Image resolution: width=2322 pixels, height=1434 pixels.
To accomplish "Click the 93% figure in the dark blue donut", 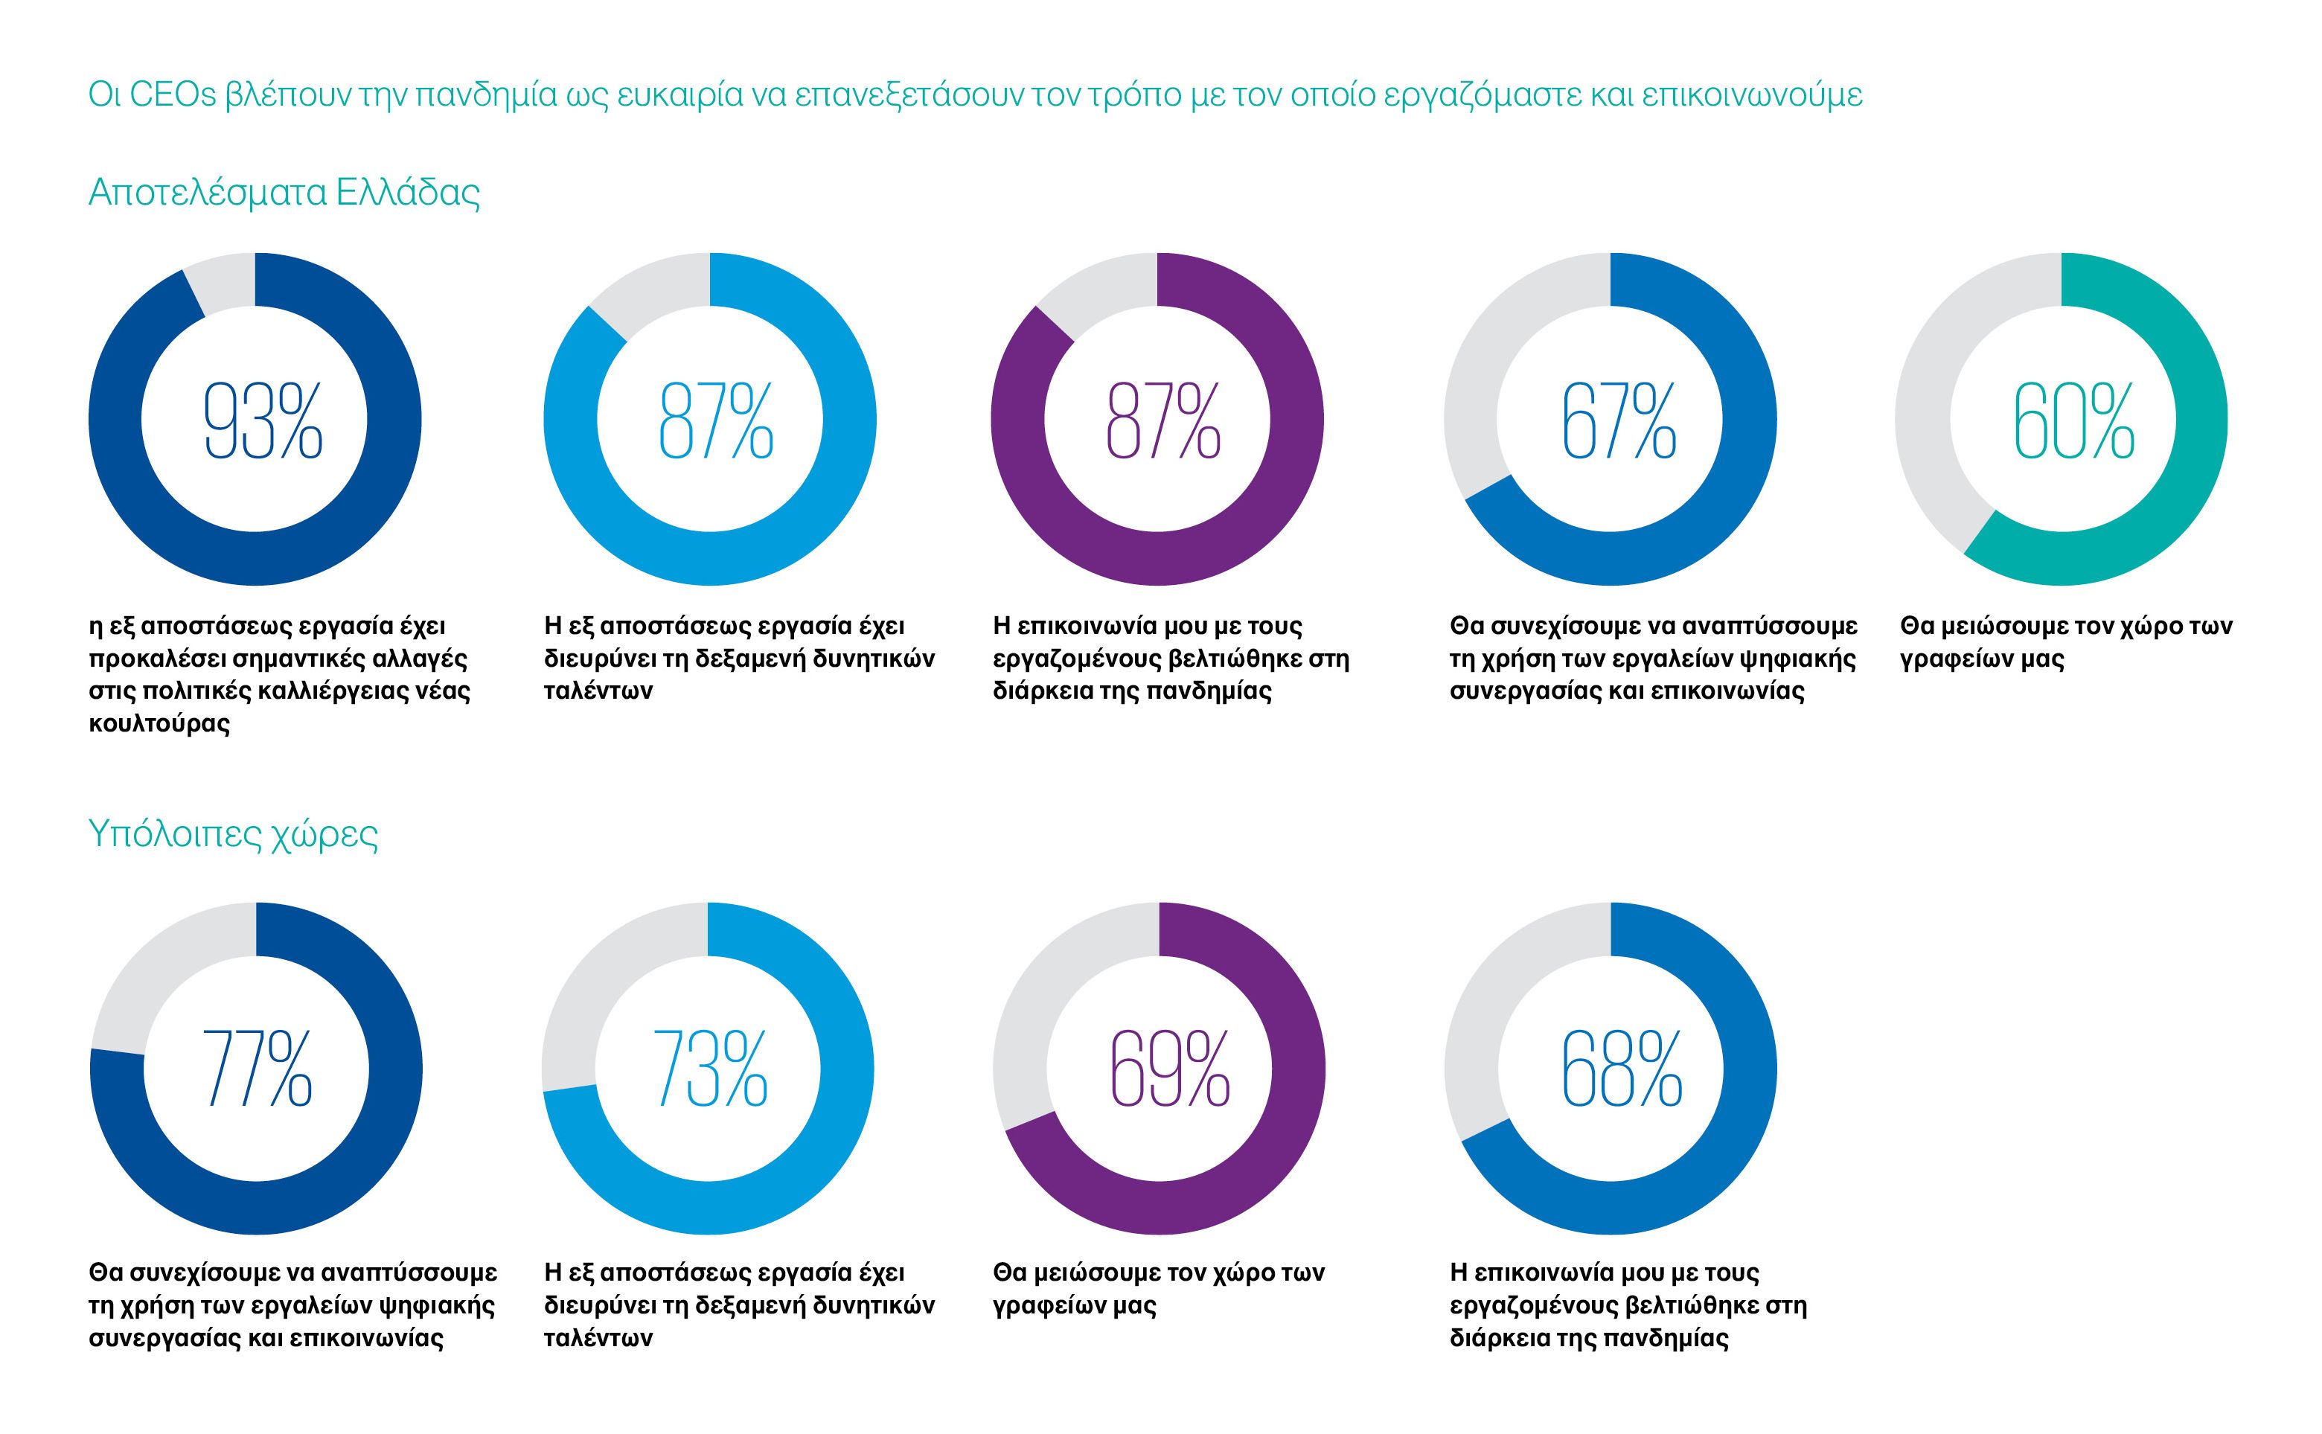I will [x=263, y=421].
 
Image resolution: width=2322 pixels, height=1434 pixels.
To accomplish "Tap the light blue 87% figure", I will [x=716, y=421].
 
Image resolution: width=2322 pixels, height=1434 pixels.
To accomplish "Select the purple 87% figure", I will [x=1164, y=421].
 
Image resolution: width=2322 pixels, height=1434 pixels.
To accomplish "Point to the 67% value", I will [x=1618, y=421].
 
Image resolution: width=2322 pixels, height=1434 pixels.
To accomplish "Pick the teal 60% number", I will [x=2073, y=421].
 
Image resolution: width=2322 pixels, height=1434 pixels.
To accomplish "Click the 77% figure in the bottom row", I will [x=257, y=1069].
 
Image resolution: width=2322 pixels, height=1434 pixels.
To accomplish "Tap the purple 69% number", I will [x=1169, y=1069].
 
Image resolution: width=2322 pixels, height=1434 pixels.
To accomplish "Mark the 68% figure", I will [x=1621, y=1069].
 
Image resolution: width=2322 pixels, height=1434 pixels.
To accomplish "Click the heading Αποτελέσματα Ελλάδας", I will [x=284, y=193].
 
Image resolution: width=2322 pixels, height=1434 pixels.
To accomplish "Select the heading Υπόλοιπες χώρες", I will [x=234, y=835].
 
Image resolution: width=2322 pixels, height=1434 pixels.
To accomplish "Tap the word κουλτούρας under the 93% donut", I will [x=159, y=723].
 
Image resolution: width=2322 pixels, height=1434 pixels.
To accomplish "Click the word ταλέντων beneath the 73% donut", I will [x=598, y=1337].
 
